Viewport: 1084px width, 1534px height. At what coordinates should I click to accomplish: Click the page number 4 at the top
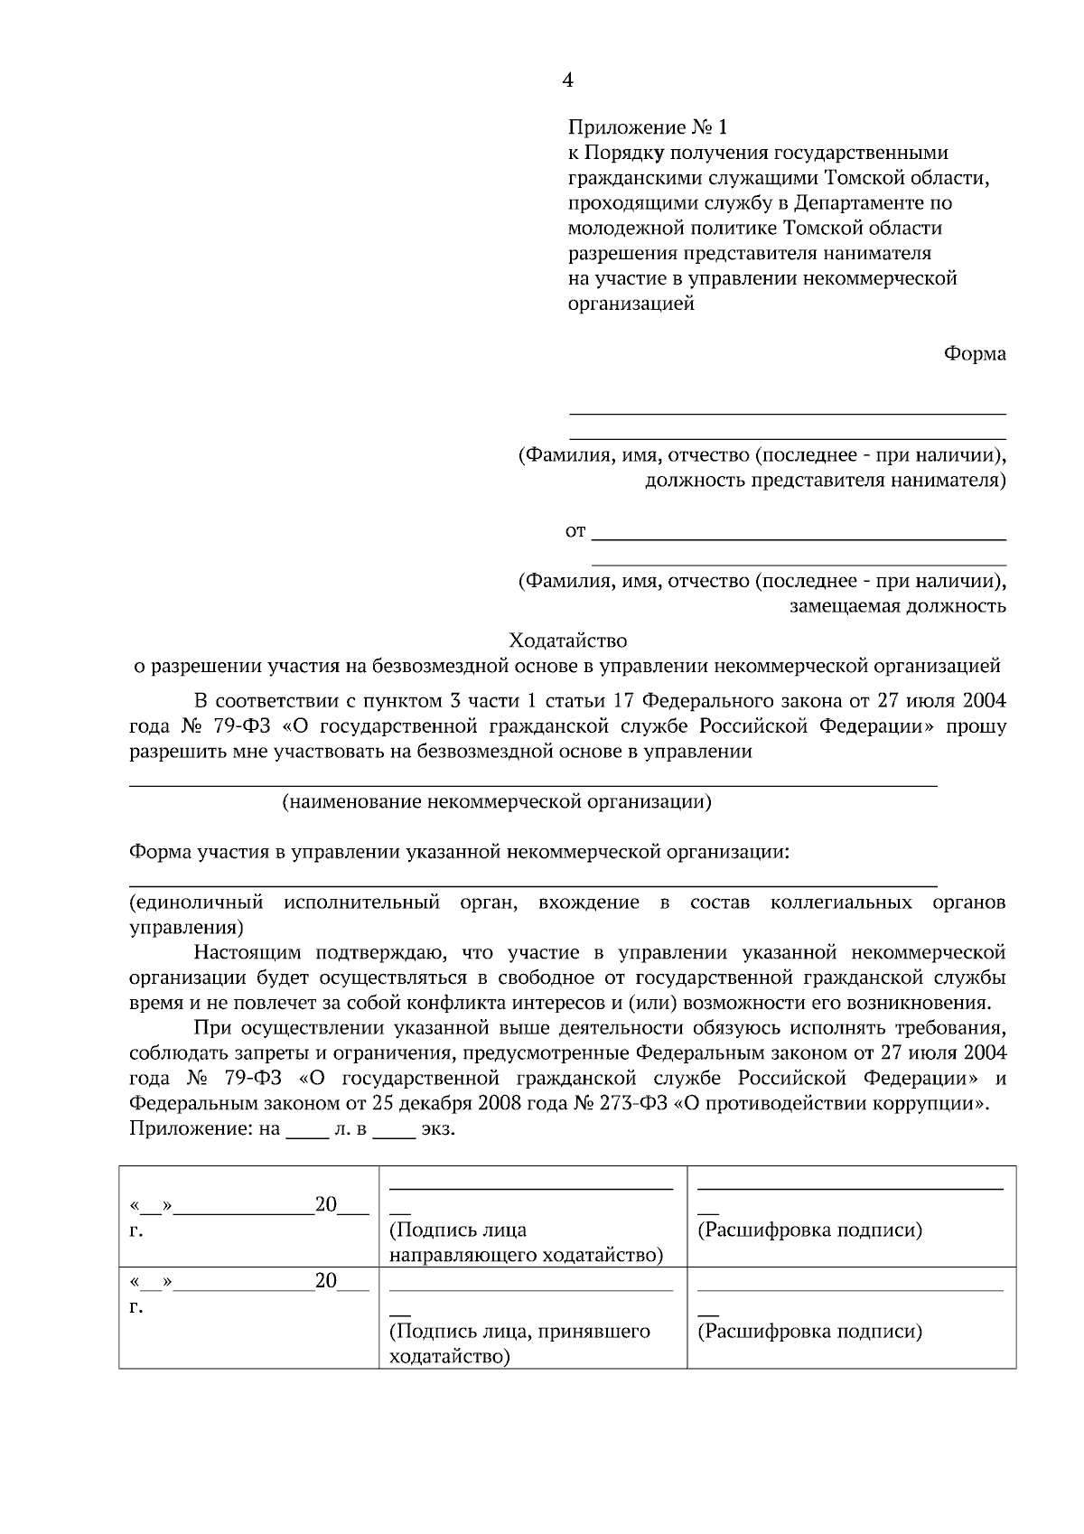click(567, 81)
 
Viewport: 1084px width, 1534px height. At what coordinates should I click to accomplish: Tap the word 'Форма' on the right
click(975, 354)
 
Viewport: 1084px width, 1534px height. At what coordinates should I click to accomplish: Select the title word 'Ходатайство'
click(567, 641)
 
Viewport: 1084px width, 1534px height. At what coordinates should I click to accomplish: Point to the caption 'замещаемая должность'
click(898, 606)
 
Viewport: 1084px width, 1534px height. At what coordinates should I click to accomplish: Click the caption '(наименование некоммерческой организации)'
click(496, 802)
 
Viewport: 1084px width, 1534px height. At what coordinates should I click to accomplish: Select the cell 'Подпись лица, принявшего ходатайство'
click(519, 1343)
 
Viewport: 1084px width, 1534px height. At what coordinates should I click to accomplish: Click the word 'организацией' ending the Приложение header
click(631, 304)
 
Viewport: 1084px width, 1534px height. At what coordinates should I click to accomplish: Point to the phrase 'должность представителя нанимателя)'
click(825, 480)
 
